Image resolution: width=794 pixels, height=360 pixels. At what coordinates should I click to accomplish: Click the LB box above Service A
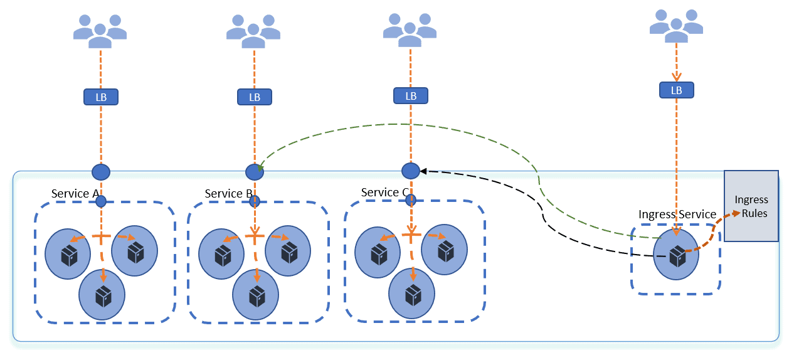100,97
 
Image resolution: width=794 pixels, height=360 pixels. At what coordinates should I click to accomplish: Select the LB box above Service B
254,97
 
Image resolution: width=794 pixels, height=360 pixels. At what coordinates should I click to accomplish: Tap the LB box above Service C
411,96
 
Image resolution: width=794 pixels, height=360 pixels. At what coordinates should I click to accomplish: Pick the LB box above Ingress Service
676,90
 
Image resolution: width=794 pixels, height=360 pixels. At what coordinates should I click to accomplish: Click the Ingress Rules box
751,206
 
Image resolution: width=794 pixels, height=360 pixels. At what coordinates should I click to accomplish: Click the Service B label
228,194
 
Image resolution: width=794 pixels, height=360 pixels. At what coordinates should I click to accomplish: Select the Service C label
384,193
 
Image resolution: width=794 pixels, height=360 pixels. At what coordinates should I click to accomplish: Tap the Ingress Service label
677,214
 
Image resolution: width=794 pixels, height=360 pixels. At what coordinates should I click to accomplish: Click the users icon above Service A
100,29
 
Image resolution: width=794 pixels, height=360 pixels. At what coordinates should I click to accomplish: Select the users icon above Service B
253,29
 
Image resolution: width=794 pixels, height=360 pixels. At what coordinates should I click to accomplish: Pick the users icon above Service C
410,29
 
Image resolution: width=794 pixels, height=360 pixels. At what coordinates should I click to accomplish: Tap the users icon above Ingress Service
676,25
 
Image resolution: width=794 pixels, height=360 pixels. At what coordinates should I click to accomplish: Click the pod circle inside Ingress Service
676,253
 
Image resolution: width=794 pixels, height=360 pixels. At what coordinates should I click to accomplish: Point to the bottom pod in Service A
102,294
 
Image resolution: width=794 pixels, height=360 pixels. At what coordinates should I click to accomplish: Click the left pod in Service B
222,253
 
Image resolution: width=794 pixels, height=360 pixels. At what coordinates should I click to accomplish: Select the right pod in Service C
444,250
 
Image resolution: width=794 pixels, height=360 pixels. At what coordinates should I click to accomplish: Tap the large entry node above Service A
100,172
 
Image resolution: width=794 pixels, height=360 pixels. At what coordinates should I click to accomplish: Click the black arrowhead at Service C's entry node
423,171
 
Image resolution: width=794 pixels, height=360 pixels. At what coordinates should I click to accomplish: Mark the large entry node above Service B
254,172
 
